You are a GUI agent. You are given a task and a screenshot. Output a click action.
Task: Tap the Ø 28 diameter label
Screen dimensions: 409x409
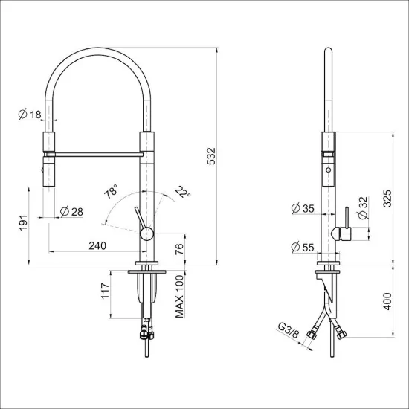71,212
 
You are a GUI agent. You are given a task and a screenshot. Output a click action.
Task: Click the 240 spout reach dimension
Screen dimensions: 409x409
97,245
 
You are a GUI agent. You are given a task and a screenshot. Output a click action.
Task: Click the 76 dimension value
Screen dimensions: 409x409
178,250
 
